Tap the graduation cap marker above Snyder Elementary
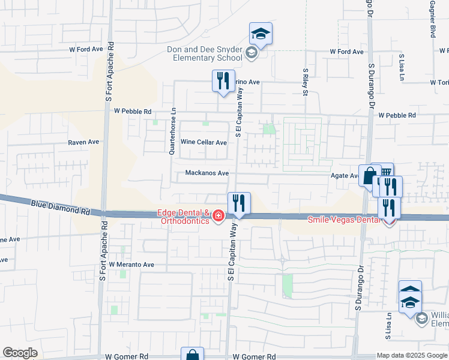[x=261, y=34]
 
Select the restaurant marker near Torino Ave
[x=223, y=81]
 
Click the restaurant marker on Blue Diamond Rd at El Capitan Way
[x=239, y=203]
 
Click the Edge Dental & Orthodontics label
[x=183, y=217]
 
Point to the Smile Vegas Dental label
[x=345, y=220]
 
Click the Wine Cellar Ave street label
[x=204, y=143]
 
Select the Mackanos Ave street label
[x=206, y=173]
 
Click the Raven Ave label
[x=83, y=143]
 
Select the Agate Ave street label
[x=345, y=176]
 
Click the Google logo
[x=19, y=353]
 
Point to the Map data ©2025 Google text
[x=412, y=355]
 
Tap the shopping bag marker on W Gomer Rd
[x=193, y=355]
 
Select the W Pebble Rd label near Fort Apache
[x=133, y=111]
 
